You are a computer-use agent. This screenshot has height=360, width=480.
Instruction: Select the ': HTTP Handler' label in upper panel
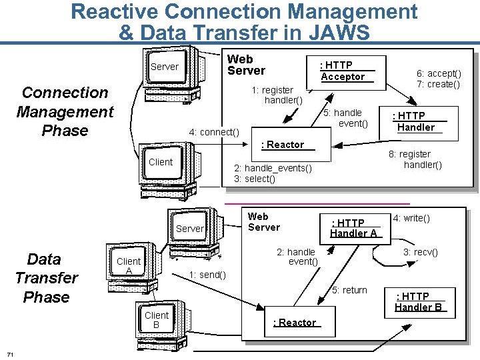[415, 122]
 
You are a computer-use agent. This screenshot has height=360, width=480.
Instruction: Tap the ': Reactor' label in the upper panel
[283, 145]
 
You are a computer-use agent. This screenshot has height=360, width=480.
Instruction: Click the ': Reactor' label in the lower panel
[295, 323]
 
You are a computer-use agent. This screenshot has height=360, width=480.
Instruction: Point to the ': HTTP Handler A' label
[353, 228]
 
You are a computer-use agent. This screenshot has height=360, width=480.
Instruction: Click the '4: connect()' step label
[214, 132]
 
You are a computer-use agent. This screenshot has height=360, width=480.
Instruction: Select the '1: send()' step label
[207, 275]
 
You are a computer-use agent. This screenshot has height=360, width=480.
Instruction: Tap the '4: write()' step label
[411, 218]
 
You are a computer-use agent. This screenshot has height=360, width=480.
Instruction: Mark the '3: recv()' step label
[420, 253]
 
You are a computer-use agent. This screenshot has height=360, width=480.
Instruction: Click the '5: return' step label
[350, 290]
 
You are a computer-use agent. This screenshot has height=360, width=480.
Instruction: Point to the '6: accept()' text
[439, 73]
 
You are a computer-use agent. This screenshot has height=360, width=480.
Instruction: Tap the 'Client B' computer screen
[157, 319]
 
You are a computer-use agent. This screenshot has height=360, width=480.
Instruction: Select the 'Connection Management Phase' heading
[65, 111]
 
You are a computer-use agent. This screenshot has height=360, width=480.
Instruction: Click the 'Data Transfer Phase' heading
[46, 278]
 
